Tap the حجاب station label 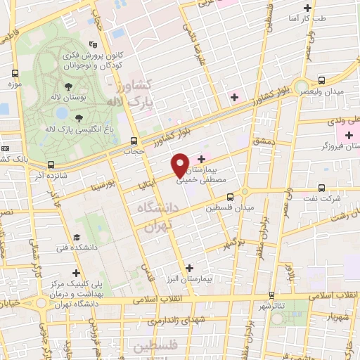pos(134,151)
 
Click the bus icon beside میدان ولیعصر pos(321,80)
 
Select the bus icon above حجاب pos(134,140)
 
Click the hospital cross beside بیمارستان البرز pos(190,269)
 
